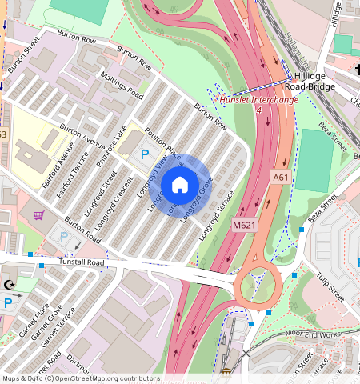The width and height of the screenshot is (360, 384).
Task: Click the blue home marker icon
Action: [x=180, y=185]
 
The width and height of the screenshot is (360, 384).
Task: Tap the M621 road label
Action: [x=244, y=226]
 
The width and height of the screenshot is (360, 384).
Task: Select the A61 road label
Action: [x=280, y=177]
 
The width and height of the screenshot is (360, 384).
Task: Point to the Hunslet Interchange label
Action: [x=258, y=100]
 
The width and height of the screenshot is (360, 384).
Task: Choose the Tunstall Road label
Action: [x=82, y=262]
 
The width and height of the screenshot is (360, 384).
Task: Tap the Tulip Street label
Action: [x=328, y=286]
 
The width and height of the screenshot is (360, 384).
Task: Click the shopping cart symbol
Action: [x=38, y=215]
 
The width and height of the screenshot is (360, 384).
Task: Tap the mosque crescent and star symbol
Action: [x=10, y=285]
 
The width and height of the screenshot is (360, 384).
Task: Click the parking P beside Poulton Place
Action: [x=145, y=154]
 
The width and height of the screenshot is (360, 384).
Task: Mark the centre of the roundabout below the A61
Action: [x=258, y=282]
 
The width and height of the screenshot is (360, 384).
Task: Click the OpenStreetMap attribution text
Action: [x=81, y=378]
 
